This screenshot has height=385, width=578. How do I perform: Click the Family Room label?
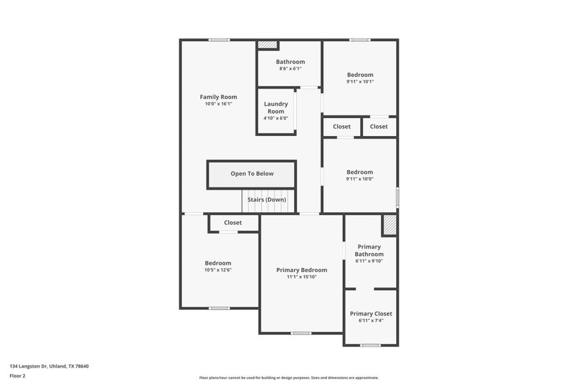click(x=218, y=97)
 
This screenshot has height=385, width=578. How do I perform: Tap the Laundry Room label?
click(x=276, y=107)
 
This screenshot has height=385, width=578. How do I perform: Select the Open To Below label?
click(x=252, y=173)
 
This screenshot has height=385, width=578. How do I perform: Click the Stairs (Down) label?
click(x=267, y=200)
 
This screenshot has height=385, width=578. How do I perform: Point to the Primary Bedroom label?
click(x=301, y=270)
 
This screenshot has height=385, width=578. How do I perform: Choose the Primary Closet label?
click(x=371, y=314)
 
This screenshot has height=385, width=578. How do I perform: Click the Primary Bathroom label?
click(x=369, y=250)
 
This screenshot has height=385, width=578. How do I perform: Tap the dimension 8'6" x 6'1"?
click(x=290, y=69)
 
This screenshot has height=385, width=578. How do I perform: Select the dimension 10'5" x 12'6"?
click(x=218, y=270)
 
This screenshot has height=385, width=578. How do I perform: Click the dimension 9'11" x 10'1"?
click(x=360, y=81)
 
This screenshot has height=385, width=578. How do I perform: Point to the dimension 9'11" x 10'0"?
click(x=360, y=179)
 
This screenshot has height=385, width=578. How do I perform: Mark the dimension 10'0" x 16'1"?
click(x=218, y=104)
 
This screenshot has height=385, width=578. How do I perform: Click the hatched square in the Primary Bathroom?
click(x=389, y=225)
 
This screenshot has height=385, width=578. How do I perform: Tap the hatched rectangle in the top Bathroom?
click(x=267, y=45)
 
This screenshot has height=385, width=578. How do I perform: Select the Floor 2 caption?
click(x=17, y=375)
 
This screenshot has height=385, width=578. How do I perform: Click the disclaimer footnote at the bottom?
click(x=288, y=378)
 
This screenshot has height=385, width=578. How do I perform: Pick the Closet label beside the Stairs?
click(x=232, y=223)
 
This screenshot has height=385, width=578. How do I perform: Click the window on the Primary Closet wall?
click(x=370, y=345)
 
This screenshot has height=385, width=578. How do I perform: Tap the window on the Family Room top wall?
click(x=219, y=40)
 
